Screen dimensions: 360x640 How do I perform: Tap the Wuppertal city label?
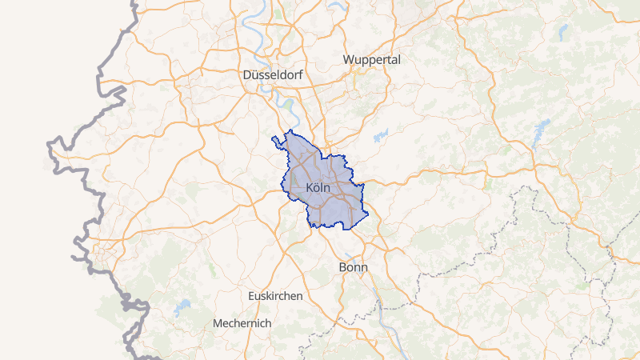click(371, 60)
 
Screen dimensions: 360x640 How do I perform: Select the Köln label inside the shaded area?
click(318, 188)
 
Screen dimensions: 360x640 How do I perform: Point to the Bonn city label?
click(353, 266)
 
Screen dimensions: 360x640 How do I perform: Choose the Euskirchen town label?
click(275, 296)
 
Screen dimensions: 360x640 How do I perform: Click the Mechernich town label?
click(242, 323)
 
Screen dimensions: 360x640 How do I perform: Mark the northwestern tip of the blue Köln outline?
click(274, 139)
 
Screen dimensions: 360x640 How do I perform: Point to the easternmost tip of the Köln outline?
click(364, 186)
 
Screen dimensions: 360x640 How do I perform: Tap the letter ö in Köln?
click(316, 188)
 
